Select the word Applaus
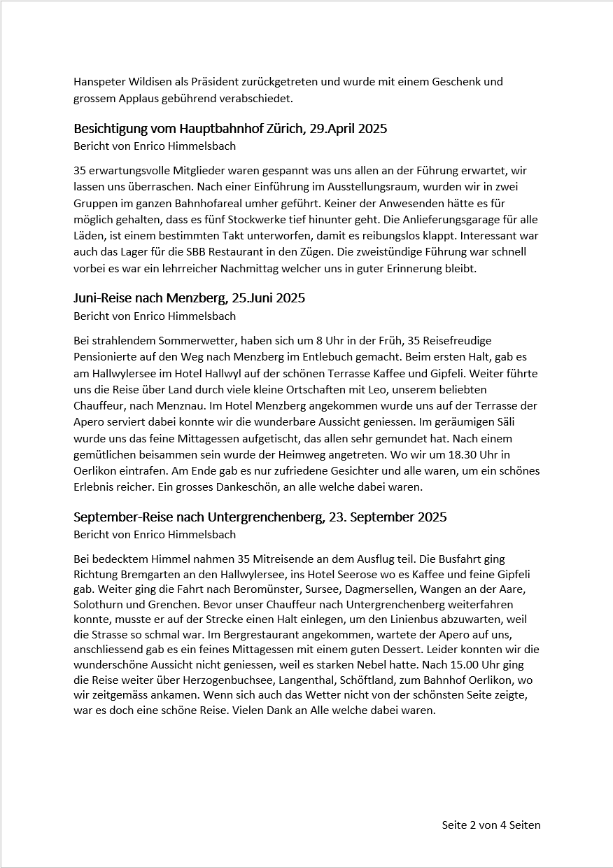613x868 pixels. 132,99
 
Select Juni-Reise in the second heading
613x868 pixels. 103,298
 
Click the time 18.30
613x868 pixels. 468,454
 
